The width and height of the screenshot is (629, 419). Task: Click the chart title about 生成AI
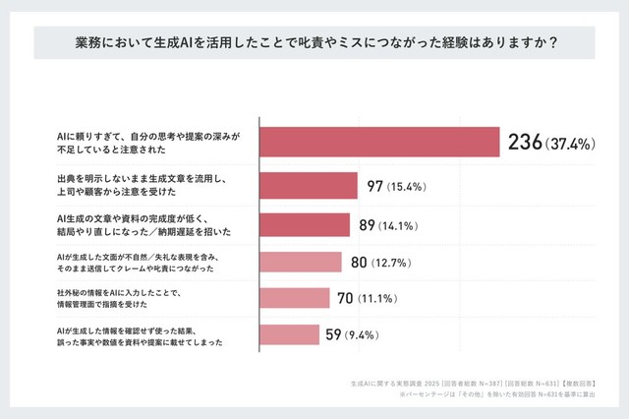coord(314,43)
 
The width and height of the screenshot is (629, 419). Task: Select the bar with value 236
coord(379,144)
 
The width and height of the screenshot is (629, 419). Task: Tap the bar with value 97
coord(309,186)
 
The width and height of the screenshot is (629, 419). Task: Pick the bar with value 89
coord(305,224)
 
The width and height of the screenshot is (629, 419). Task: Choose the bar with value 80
coord(301,262)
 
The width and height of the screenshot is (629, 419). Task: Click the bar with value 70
coord(295,298)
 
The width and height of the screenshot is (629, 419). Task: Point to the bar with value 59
coord(289,334)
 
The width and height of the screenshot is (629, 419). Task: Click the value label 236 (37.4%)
coord(551,144)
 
